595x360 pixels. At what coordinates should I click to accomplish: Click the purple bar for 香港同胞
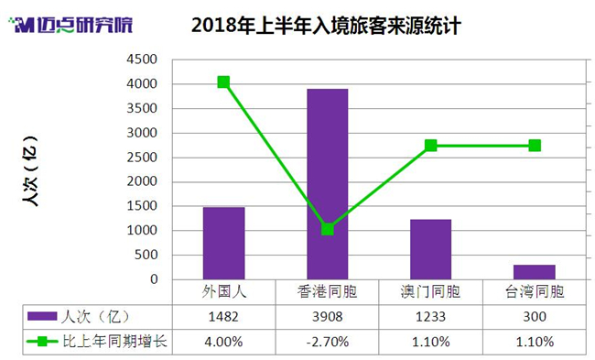328,184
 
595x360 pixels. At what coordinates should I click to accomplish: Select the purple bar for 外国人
224,244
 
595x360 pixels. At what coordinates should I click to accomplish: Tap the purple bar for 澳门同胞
431,249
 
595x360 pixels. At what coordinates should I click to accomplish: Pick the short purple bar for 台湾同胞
535,272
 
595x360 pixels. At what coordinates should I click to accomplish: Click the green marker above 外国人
223,82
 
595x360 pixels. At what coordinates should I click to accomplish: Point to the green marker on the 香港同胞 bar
328,229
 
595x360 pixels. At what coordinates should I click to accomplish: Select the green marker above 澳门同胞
431,146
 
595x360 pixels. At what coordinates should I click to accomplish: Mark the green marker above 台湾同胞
535,146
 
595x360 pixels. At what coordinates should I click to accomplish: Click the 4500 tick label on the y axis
142,60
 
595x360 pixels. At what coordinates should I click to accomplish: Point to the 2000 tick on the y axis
142,181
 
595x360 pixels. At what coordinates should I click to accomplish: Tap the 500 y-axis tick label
146,255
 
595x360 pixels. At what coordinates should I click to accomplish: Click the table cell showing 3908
327,317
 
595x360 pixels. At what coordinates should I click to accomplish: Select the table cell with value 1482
223,317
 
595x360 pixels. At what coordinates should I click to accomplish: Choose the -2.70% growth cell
327,342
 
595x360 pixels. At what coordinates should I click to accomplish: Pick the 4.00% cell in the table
223,342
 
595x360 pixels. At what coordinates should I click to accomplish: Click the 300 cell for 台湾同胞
535,317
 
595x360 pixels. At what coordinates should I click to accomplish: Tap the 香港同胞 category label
327,292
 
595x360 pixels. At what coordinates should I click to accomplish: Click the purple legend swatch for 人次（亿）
42,316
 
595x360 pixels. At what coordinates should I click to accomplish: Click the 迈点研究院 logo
70,25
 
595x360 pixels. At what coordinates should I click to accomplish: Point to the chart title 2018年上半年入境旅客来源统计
326,26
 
